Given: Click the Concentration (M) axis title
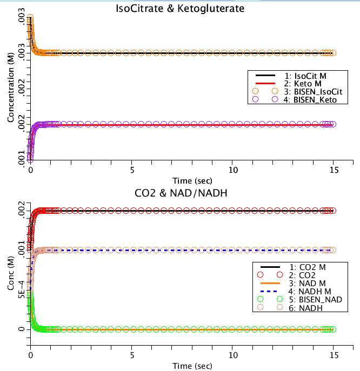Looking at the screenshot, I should pyautogui.click(x=11, y=84).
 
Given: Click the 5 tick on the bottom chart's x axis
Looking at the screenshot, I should pyautogui.click(x=132, y=355).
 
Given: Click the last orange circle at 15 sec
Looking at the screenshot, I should pyautogui.click(x=333, y=53).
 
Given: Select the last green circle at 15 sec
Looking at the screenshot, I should pyautogui.click(x=333, y=329).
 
